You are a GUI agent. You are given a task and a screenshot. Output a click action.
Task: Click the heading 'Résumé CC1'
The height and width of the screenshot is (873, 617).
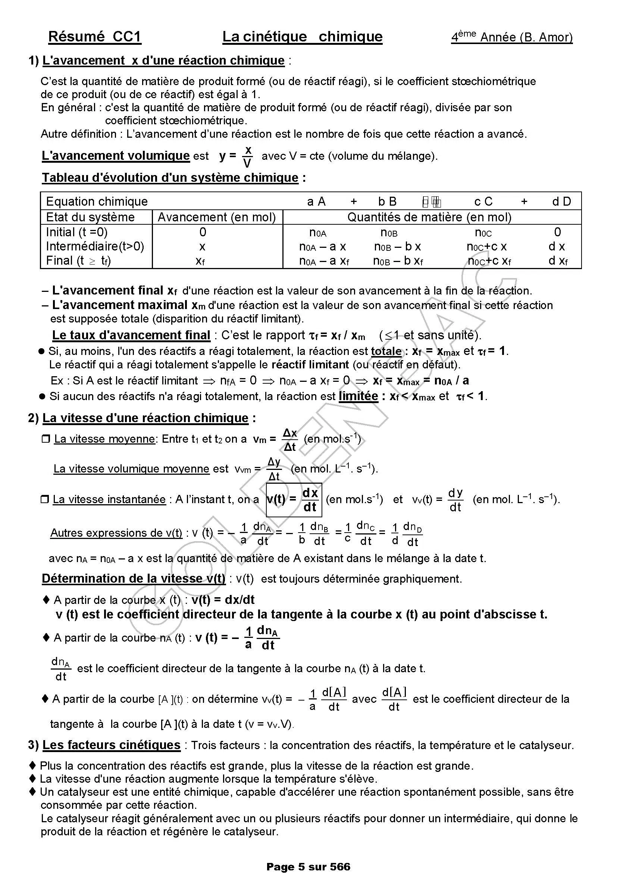[x=95, y=37]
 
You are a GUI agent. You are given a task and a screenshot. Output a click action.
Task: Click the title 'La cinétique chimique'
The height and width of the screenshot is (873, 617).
[x=302, y=37]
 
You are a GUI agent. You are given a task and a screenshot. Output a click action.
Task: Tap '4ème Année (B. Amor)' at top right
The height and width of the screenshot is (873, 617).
[x=511, y=37]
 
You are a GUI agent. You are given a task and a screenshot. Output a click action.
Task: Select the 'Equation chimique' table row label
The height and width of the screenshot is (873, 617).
[x=97, y=201]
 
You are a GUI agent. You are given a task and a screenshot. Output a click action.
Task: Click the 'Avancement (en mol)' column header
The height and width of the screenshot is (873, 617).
[x=217, y=217]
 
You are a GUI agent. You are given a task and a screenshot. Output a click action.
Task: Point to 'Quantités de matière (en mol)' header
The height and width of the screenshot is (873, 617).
[x=429, y=217]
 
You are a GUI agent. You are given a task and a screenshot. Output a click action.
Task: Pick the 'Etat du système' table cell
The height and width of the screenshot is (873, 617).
[x=90, y=217]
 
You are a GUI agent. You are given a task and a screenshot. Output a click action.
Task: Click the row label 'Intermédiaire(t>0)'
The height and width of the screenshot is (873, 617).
[x=95, y=246]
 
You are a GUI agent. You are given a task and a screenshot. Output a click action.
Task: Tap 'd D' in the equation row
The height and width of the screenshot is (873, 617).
[x=561, y=201]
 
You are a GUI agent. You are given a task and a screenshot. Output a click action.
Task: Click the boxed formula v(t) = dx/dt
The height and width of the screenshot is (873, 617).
[x=294, y=500]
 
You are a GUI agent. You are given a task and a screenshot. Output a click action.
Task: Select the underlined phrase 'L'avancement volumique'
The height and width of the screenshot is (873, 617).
[x=116, y=156]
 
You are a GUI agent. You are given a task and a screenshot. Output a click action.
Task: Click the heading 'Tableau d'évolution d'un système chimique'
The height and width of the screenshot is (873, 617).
[x=170, y=178]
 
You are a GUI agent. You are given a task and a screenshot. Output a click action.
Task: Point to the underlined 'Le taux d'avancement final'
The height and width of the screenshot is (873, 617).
[x=131, y=335]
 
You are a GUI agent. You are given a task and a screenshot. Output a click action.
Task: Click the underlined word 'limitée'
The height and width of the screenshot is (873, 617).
[x=358, y=396]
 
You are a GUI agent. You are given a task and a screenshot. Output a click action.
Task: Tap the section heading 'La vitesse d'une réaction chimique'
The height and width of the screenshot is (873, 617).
[x=145, y=418]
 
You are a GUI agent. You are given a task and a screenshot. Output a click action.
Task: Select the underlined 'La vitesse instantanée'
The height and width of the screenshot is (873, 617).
[x=109, y=499]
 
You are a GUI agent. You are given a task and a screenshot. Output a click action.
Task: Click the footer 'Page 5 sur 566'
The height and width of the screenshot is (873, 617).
[x=308, y=866]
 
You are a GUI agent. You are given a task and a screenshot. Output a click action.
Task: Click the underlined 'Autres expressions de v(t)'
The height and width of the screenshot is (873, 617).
[x=116, y=533]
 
